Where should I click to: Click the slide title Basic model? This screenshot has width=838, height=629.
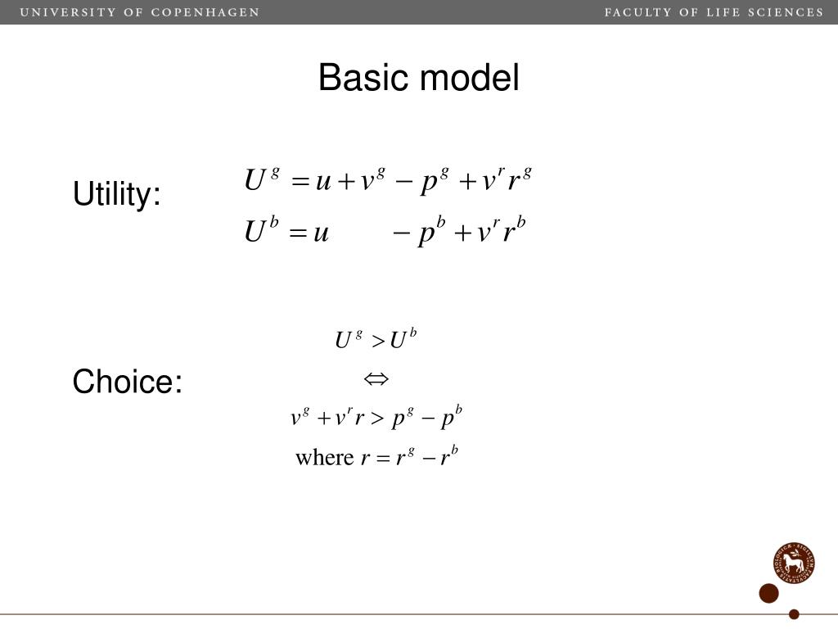(418, 79)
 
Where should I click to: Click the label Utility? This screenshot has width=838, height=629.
(117, 195)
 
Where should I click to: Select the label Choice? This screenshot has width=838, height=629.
(127, 382)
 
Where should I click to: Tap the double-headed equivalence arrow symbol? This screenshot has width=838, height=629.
(376, 378)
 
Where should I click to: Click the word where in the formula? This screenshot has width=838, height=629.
(324, 457)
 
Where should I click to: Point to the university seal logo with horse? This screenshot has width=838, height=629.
(793, 563)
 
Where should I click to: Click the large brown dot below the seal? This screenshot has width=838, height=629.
(768, 594)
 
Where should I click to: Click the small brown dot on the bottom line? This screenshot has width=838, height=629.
(793, 614)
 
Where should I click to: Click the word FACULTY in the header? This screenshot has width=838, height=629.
(638, 12)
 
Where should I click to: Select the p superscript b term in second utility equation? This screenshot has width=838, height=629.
(430, 234)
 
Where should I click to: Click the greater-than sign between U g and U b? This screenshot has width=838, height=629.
(377, 342)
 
